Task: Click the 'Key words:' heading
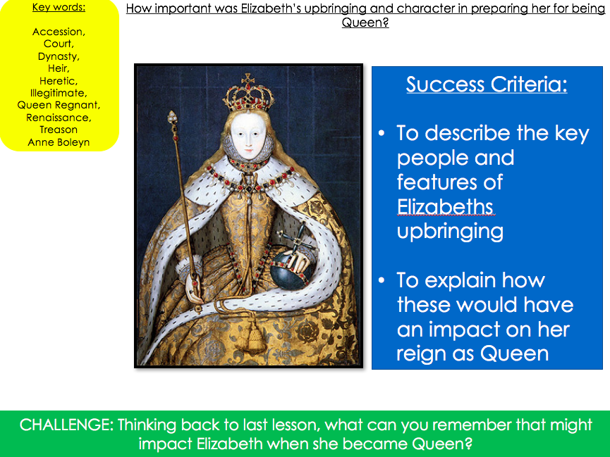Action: click(x=59, y=7)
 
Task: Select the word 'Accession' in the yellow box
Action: click(x=58, y=32)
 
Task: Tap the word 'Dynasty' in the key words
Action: click(x=58, y=56)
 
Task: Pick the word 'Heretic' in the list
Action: click(x=58, y=81)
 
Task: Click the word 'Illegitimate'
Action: click(x=58, y=93)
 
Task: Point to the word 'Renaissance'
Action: click(x=58, y=118)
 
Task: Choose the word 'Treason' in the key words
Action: click(x=59, y=130)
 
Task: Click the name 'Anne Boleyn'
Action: click(x=59, y=143)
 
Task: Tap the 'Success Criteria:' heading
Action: click(x=487, y=84)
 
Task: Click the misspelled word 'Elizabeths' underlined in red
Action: click(x=445, y=207)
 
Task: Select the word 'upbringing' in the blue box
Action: click(x=450, y=232)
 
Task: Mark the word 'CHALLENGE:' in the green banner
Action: click(x=66, y=425)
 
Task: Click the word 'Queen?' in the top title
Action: click(x=365, y=23)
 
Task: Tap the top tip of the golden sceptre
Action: click(x=171, y=112)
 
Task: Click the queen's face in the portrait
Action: click(x=247, y=134)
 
